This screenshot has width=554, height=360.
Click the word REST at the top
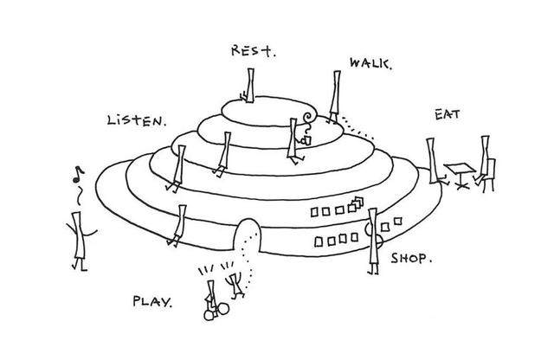tap(253, 50)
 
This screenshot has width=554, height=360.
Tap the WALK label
tap(370, 63)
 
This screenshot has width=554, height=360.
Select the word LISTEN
tap(135, 120)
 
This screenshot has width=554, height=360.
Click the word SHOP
tap(411, 257)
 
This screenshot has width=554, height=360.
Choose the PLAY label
tap(152, 302)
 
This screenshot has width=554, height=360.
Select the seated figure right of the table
tap(488, 164)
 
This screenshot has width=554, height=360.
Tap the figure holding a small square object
tap(295, 138)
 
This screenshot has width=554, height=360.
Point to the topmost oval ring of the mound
tap(268, 109)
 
